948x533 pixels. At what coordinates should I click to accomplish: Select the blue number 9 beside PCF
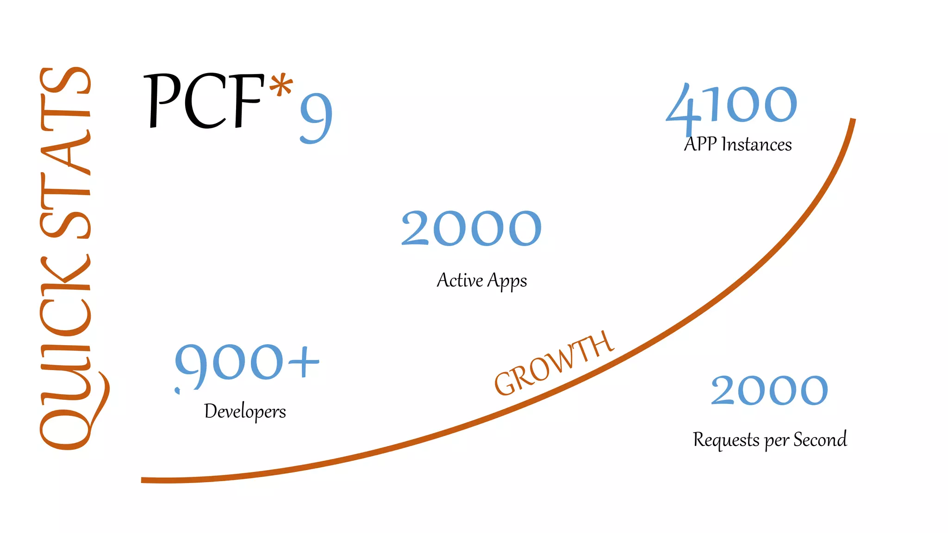click(317, 118)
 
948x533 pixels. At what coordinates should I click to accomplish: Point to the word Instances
click(756, 145)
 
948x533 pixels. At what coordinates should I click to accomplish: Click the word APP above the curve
click(700, 144)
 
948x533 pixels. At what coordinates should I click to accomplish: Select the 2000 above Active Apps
click(471, 228)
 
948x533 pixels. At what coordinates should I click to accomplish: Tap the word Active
click(460, 280)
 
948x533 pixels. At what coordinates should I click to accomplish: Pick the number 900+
click(247, 363)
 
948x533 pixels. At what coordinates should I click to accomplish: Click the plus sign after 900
click(304, 361)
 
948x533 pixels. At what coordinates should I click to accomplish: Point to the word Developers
click(245, 411)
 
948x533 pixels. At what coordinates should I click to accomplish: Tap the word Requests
click(726, 440)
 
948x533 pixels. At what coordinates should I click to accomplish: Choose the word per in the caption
click(776, 441)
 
